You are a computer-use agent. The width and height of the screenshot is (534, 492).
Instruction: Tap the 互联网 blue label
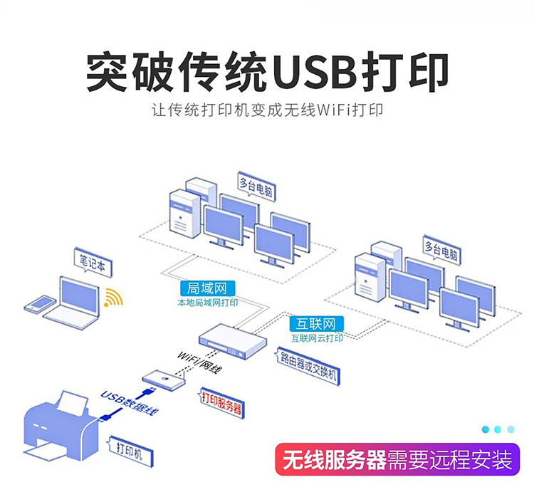317,324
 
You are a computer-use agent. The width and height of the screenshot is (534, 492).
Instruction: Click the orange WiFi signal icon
112,298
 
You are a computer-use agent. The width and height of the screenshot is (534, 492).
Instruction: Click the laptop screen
78,293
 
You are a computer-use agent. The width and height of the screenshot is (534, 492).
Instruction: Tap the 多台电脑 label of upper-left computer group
256,187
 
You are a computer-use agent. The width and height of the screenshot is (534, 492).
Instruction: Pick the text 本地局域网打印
207,303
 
